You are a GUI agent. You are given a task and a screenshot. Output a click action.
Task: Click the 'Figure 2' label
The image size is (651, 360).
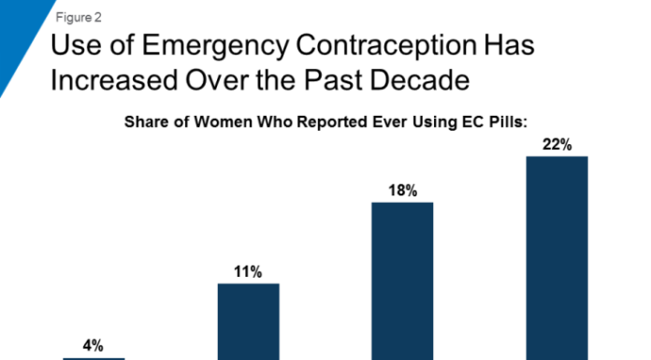[x=79, y=18]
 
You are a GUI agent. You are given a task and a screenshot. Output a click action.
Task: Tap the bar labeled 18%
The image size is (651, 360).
[x=402, y=281]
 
